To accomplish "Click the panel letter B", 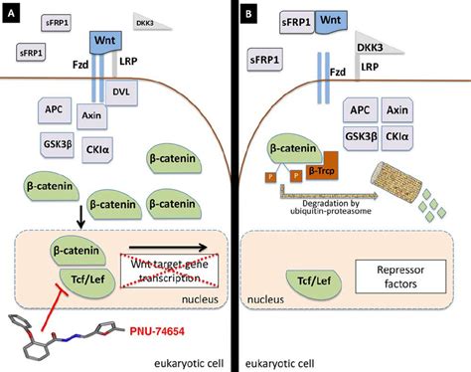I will coord(248,16).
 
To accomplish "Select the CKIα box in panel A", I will coord(99,150).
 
